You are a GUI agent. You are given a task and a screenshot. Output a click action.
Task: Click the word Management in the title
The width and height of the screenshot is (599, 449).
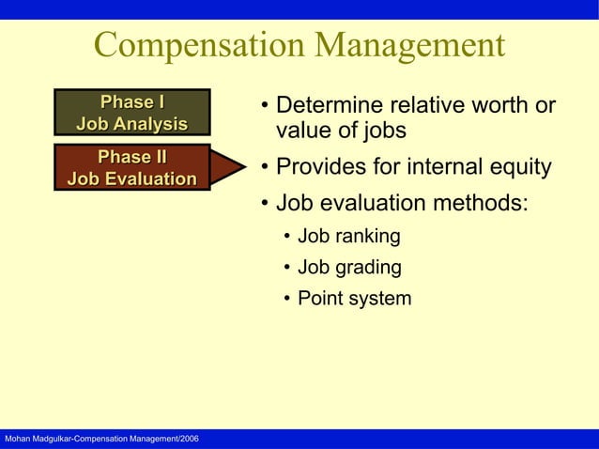tap(409, 46)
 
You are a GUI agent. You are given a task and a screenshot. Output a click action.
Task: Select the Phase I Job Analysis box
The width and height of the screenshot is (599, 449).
tap(131, 113)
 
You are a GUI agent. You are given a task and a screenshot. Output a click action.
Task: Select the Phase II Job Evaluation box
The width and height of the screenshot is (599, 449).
tap(131, 167)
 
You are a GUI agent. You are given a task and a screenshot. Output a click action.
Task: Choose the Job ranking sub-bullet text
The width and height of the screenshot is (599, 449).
tap(348, 236)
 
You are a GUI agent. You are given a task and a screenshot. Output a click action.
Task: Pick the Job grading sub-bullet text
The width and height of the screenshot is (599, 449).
tap(349, 268)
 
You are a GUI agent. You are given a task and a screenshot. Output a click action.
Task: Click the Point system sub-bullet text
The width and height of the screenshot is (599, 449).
tap(354, 300)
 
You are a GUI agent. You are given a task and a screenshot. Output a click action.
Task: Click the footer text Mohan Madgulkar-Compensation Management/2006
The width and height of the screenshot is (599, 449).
tap(101, 440)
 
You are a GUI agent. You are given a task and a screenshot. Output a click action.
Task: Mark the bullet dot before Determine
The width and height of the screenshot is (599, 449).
tap(266, 105)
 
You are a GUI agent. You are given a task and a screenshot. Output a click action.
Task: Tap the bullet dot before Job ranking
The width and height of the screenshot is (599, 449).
tap(288, 237)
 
